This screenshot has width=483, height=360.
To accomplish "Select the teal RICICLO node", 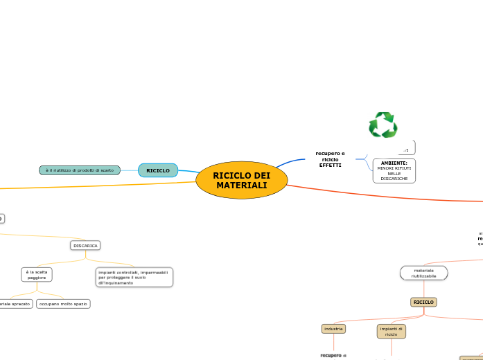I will click(x=158, y=170).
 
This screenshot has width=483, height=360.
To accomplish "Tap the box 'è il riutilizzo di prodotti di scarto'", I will click(x=80, y=170).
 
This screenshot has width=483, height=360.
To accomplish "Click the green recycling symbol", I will click(x=383, y=125).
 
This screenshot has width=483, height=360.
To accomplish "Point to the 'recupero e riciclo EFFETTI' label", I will click(x=330, y=159).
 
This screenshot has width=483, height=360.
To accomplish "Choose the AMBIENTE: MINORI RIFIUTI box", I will click(x=394, y=170).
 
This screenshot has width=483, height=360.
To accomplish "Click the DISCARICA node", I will click(x=85, y=245).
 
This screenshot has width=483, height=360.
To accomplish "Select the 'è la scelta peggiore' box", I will click(x=36, y=275).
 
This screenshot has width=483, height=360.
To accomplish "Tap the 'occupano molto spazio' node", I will click(x=63, y=303).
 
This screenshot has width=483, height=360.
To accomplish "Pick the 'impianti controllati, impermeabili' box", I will click(x=134, y=278).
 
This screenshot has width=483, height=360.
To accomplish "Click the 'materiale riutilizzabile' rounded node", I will click(x=423, y=273).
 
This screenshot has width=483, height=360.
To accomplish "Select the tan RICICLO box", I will click(x=423, y=303).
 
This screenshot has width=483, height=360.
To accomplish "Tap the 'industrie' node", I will click(x=333, y=329).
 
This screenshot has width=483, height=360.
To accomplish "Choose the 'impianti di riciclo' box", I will click(x=392, y=332).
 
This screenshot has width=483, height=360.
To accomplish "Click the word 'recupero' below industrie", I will click(x=331, y=355).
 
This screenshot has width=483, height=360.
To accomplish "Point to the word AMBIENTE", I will click(x=392, y=163).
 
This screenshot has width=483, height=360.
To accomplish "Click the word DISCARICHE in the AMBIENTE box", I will click(x=394, y=179).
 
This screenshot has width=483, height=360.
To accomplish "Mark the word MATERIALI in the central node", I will click(x=241, y=186).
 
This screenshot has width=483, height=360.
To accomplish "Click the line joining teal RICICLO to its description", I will click(x=130, y=170).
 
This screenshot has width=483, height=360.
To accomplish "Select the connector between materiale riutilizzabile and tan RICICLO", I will click(x=423, y=289).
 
